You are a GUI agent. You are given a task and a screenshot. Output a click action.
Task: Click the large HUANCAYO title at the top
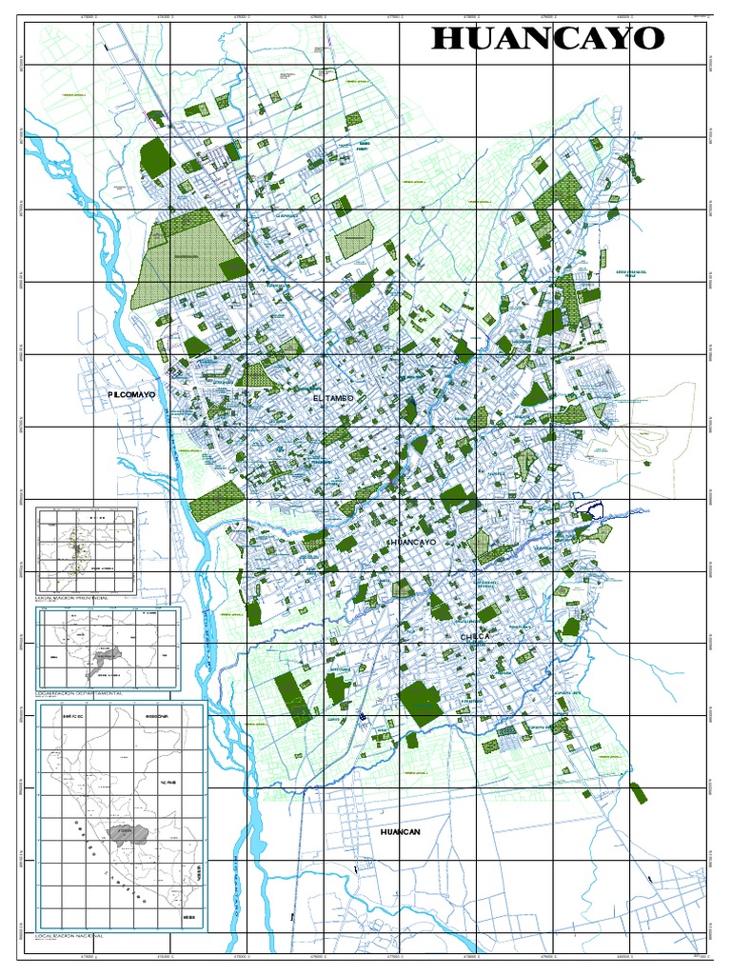pyautogui.click(x=547, y=39)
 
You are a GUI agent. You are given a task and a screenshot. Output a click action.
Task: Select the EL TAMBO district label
pyautogui.click(x=332, y=394)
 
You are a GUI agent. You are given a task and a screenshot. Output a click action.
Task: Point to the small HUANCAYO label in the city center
pyautogui.click(x=411, y=542)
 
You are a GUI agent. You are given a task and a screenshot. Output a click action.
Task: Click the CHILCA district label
pyautogui.click(x=475, y=636)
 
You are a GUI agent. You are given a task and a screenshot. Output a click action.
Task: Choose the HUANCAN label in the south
pyautogui.click(x=400, y=831)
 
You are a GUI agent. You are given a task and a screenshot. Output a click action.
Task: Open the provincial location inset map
pyautogui.click(x=86, y=550)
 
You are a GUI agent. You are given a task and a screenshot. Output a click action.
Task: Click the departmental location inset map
pyautogui.click(x=108, y=648)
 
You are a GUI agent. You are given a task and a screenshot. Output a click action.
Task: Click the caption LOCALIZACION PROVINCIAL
pyautogui.click(x=71, y=598)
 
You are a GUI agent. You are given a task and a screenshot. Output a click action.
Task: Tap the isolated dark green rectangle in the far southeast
pyautogui.click(x=643, y=793)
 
